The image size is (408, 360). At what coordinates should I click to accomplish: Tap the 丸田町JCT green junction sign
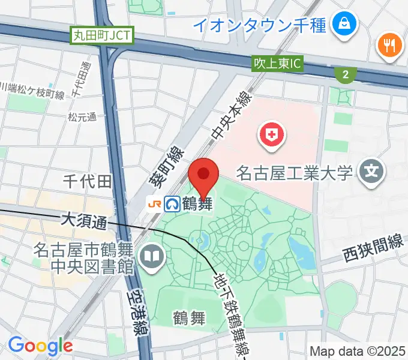(101, 36)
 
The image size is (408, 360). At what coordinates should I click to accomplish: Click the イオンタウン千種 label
(259, 25)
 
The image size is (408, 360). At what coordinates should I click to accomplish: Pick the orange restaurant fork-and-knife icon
(388, 46)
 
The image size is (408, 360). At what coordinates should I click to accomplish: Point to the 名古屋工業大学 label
(293, 174)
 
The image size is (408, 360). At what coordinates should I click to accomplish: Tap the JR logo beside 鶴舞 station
(154, 204)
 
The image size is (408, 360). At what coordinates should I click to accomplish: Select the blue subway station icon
(172, 204)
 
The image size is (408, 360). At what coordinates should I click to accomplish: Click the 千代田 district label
(88, 181)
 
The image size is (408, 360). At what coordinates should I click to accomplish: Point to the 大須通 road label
(84, 221)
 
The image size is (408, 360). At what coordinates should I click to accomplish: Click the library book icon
(149, 257)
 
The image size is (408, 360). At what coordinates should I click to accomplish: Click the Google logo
(40, 346)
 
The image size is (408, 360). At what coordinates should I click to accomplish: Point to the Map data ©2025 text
(358, 351)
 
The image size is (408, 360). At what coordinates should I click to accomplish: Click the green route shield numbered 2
(345, 74)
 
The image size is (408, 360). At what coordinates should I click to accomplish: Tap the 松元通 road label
(82, 117)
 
